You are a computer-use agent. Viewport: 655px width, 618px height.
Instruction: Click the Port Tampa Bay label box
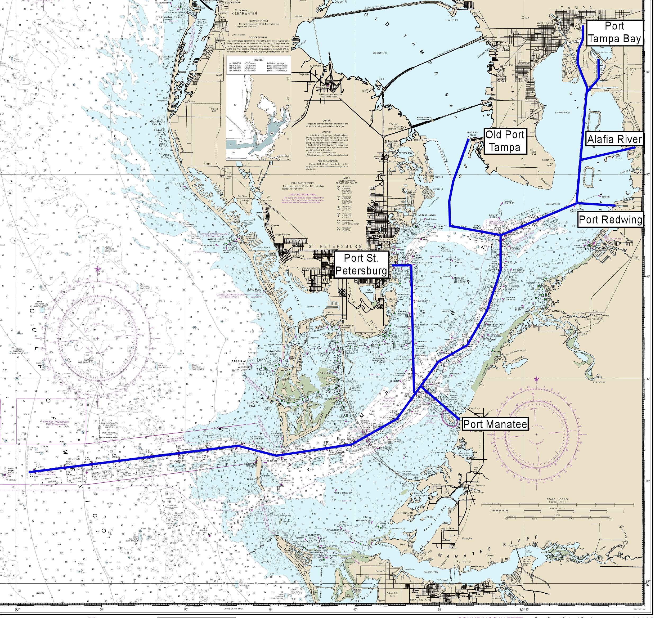point(614,33)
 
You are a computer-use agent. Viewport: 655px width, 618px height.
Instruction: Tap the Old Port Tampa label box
point(504,141)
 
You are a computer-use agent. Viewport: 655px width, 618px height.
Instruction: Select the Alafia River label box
point(614,139)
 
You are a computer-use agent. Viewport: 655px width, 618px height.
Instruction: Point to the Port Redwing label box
point(610,220)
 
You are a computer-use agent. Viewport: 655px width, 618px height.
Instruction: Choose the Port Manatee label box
point(495,424)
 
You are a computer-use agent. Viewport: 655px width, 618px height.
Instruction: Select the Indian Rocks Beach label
point(156,123)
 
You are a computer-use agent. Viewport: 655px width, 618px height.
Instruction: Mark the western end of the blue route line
point(30,472)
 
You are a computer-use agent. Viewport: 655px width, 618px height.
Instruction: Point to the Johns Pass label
point(216,239)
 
